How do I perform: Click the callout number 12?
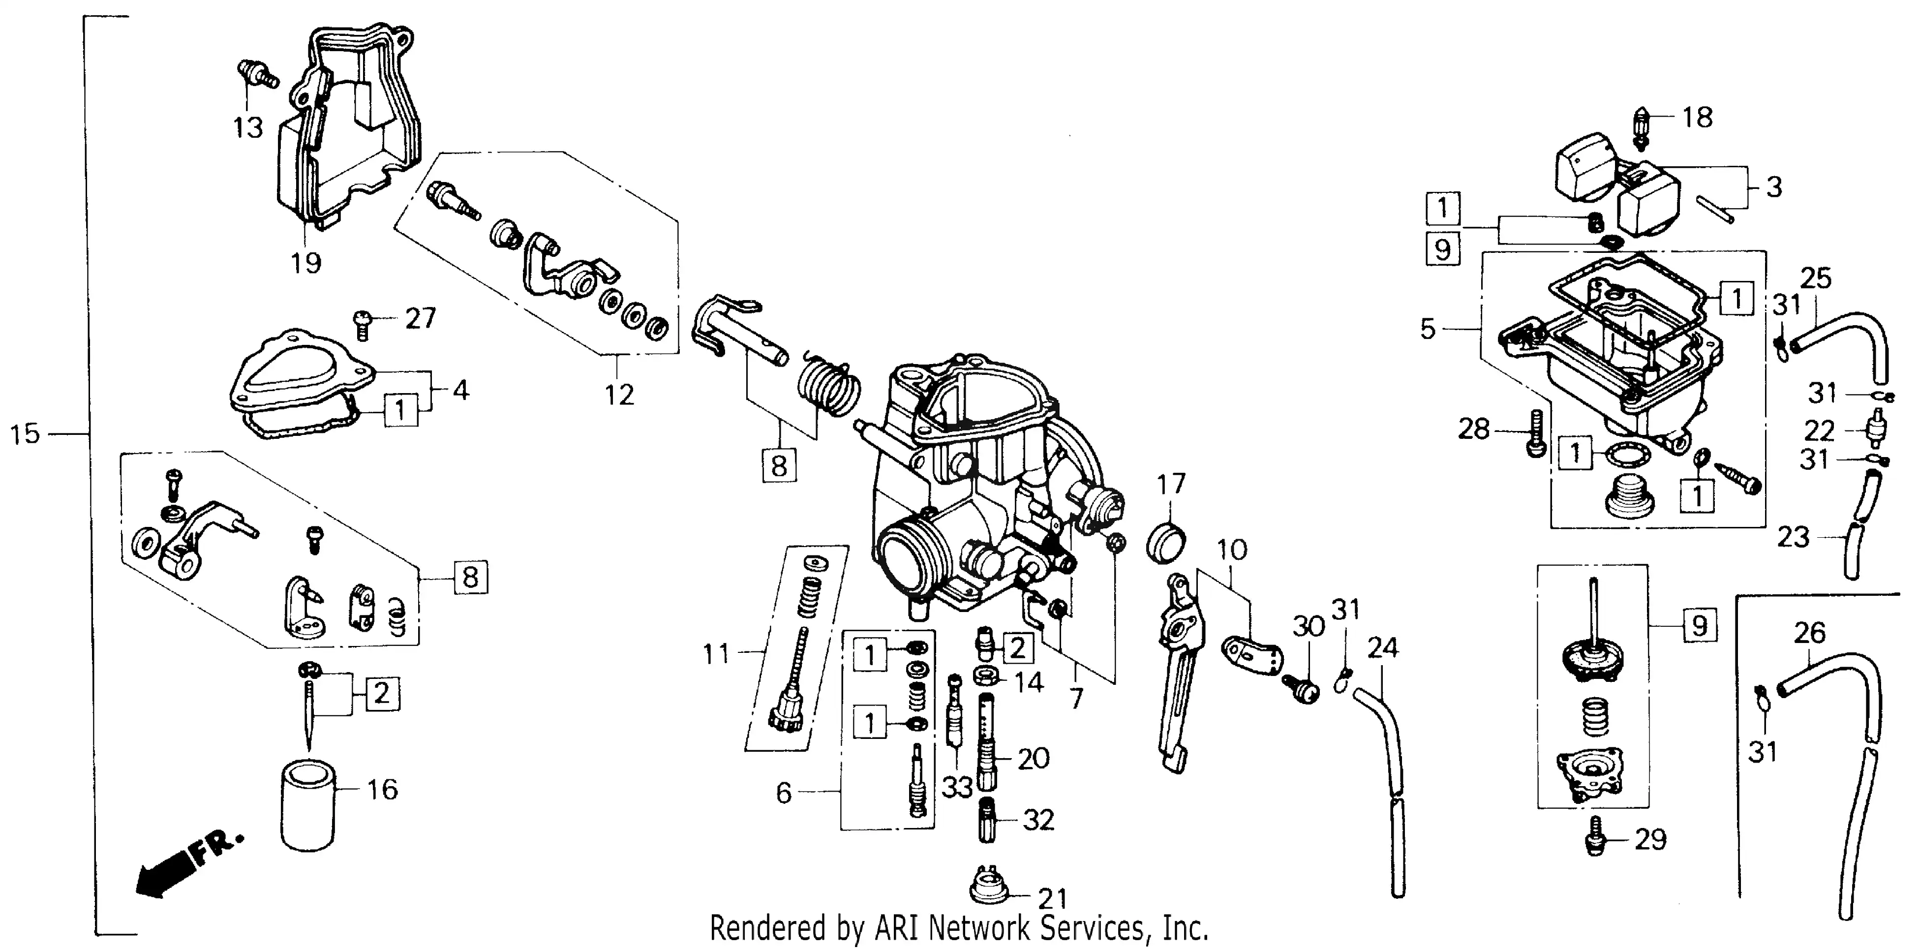[618, 394]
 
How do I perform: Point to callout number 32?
[1038, 820]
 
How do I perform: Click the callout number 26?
[1809, 633]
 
